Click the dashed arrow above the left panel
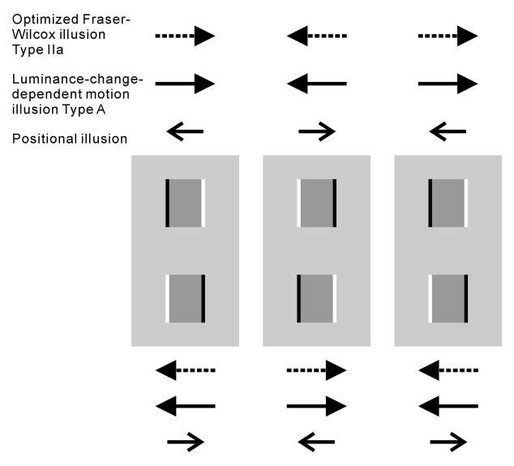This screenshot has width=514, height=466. coord(185,36)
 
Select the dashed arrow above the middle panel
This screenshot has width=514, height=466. coord(316,36)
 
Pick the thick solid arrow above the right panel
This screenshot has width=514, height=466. coord(448,83)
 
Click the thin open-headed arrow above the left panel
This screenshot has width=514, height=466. coord(185,130)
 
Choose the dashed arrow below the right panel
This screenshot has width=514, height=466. coord(448,371)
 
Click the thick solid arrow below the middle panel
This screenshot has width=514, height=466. coord(316,405)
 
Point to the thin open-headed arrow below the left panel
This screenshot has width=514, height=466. coord(185,441)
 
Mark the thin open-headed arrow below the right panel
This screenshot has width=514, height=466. coord(448,441)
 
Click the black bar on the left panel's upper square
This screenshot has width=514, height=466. coord(167,203)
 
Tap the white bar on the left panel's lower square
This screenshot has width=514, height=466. coord(167,298)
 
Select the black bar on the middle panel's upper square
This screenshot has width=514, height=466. coord(334,203)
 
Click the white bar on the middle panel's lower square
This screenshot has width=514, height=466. coord(334,298)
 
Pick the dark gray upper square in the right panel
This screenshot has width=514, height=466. coord(448,203)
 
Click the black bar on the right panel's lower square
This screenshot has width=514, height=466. coord(465,298)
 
